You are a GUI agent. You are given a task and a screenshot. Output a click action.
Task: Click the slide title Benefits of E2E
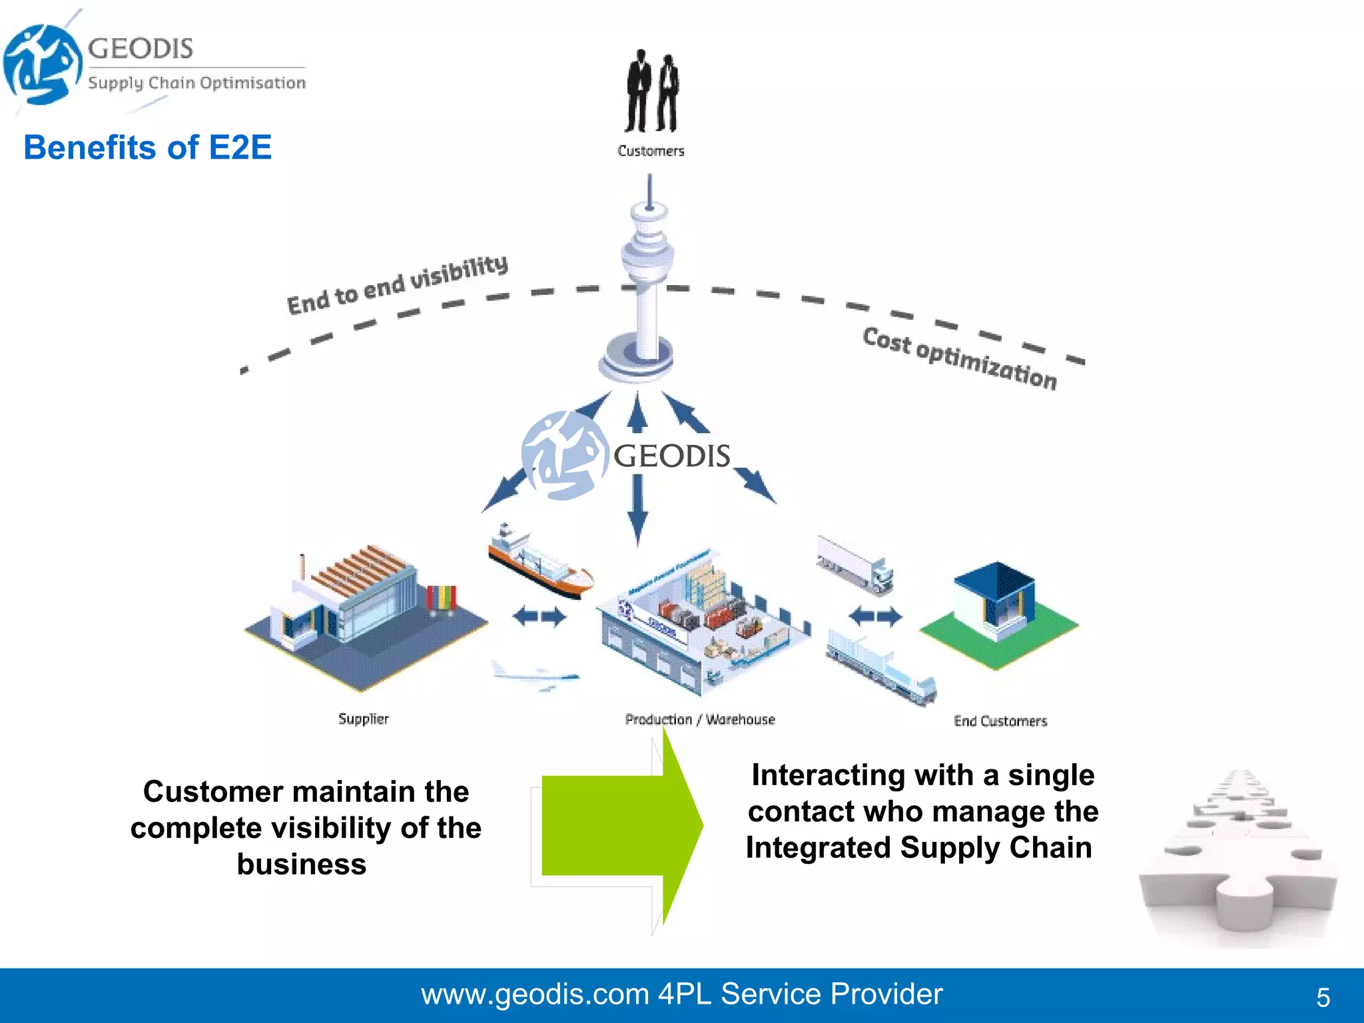click(x=147, y=147)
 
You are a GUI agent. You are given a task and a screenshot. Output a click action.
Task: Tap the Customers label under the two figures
click(x=651, y=151)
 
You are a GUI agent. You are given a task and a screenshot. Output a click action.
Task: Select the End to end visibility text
click(x=397, y=284)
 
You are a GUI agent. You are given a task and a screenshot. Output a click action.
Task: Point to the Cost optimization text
click(x=959, y=358)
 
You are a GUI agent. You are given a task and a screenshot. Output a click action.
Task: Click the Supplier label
click(x=363, y=719)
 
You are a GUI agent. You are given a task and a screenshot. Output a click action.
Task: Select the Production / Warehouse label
click(x=700, y=719)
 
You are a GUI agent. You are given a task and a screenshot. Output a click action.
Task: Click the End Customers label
click(x=1000, y=721)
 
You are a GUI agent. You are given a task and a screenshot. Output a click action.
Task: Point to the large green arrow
click(x=619, y=826)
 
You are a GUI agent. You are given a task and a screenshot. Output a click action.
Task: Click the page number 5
click(x=1323, y=997)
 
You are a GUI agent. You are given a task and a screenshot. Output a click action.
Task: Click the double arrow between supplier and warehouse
click(x=539, y=617)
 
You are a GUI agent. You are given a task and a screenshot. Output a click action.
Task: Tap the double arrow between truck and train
click(x=875, y=616)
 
